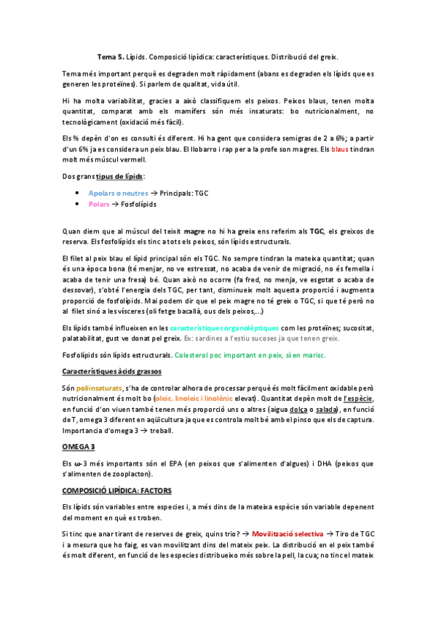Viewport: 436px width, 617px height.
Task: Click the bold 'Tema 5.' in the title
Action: [x=111, y=56]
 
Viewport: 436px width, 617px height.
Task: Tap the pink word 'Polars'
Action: [x=98, y=205]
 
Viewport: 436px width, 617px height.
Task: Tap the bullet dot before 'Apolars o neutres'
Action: [x=77, y=193]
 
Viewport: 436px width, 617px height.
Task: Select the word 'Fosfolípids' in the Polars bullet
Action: [x=139, y=205]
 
